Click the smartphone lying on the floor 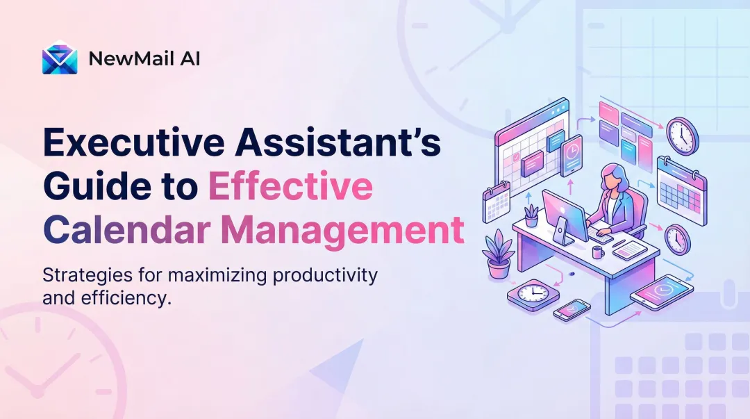572,310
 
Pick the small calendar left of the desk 497,201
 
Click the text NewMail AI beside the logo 144,59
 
